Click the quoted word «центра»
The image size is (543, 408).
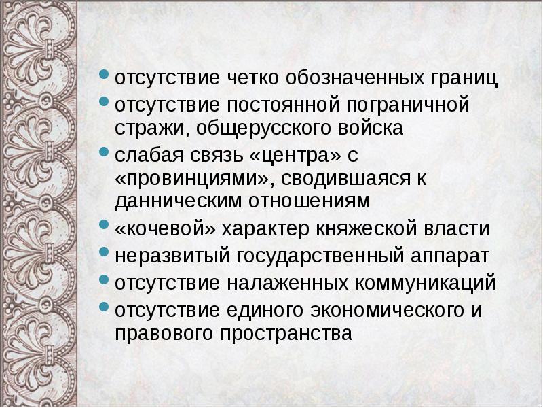click(x=295, y=156)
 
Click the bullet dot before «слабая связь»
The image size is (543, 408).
click(x=104, y=152)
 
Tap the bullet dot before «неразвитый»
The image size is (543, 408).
click(x=104, y=252)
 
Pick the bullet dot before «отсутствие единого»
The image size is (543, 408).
click(x=104, y=306)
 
